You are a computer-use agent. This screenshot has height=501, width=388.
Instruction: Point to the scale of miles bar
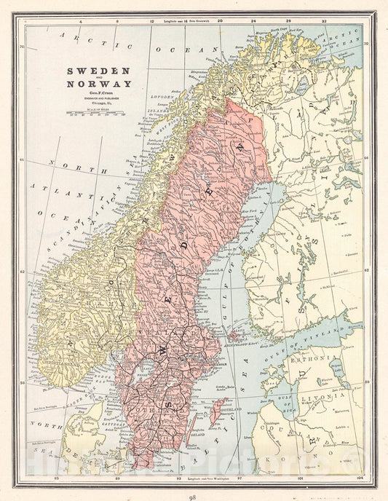point(96,113)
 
